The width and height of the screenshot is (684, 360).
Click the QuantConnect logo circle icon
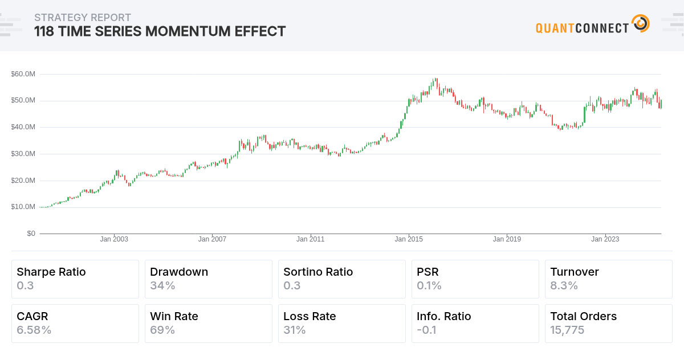coord(641,24)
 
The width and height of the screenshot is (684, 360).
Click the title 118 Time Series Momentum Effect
coord(160,31)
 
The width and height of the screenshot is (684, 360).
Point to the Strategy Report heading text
coord(83,18)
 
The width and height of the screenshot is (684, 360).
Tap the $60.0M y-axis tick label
coord(23,74)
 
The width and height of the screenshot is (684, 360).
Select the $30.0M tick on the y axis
coord(23,154)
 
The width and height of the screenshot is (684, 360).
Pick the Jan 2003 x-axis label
coord(114,239)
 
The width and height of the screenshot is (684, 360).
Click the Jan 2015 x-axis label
coord(409,239)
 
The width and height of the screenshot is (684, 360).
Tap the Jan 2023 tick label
coord(605,239)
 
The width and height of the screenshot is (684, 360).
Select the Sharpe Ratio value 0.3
coord(26,285)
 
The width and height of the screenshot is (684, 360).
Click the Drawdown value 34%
coord(162,285)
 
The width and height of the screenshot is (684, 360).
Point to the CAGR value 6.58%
coord(34,330)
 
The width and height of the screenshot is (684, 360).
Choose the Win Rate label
coord(174,316)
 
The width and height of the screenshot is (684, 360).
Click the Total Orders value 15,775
coord(567,330)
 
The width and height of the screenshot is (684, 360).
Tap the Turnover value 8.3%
coord(564,285)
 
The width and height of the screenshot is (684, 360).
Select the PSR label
coord(427,272)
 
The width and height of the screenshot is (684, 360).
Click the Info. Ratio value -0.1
coord(426,330)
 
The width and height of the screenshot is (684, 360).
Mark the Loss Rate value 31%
coord(295,330)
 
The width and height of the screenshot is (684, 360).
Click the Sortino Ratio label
coord(318,272)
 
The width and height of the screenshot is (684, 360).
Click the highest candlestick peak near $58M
coord(435,80)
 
